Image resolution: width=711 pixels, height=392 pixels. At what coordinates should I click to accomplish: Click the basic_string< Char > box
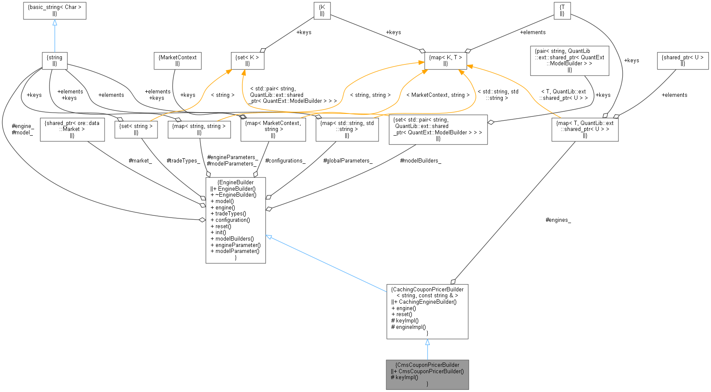click(x=55, y=11)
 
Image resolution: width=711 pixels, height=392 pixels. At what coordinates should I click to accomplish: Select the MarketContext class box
click(x=178, y=61)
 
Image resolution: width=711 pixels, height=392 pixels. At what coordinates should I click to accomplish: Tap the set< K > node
click(x=248, y=61)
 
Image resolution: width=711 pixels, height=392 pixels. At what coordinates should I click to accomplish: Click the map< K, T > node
click(x=446, y=61)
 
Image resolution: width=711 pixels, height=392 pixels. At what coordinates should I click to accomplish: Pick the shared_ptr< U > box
click(x=682, y=61)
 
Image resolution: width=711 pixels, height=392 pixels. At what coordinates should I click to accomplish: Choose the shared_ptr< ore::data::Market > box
click(x=72, y=129)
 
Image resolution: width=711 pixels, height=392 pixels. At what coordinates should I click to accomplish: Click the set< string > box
click(x=136, y=129)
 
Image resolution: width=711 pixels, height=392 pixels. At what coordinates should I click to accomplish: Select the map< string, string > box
click(x=199, y=129)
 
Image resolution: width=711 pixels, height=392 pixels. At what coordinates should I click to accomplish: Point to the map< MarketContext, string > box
click(x=273, y=129)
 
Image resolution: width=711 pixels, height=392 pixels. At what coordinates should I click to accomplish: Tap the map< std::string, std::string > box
click(x=347, y=129)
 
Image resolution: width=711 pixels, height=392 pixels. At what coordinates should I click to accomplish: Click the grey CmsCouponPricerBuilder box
click(x=427, y=374)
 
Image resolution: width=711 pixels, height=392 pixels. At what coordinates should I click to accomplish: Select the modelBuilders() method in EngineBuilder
click(x=234, y=239)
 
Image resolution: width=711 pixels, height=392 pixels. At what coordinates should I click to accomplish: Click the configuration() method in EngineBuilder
click(x=233, y=220)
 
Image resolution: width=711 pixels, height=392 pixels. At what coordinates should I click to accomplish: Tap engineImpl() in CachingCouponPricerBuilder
click(x=411, y=327)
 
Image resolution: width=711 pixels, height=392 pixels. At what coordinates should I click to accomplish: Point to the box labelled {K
click(x=322, y=11)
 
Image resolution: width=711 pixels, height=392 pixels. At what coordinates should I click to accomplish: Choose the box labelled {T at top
click(x=562, y=11)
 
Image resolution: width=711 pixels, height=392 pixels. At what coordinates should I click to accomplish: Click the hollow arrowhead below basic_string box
click(x=55, y=23)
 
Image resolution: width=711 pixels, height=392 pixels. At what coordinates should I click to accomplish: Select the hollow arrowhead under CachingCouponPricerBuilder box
click(x=427, y=343)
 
